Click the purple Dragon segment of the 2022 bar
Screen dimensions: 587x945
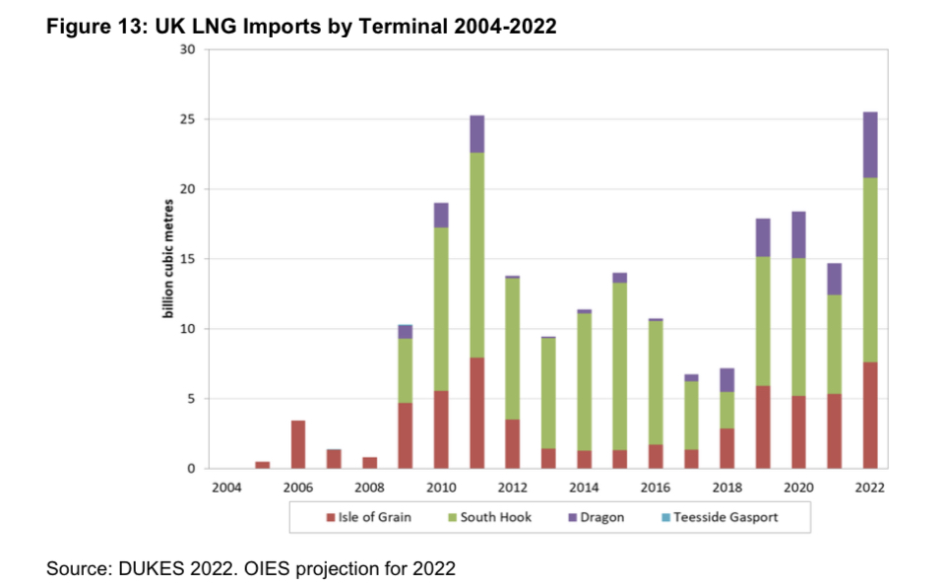pyautogui.click(x=869, y=145)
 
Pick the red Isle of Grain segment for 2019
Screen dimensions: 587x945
pyautogui.click(x=762, y=426)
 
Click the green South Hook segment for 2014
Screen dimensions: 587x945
pyautogui.click(x=584, y=381)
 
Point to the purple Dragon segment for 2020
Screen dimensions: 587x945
pyautogui.click(x=798, y=234)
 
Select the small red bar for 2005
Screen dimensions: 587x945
pyautogui.click(x=263, y=465)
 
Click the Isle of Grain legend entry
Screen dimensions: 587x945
pyautogui.click(x=369, y=517)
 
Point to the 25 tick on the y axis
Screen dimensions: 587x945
pyautogui.click(x=190, y=120)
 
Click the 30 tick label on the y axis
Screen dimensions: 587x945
pyautogui.click(x=190, y=50)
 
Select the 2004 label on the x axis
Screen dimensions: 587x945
pyautogui.click(x=227, y=488)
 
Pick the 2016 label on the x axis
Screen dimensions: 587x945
pyautogui.click(x=655, y=488)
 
